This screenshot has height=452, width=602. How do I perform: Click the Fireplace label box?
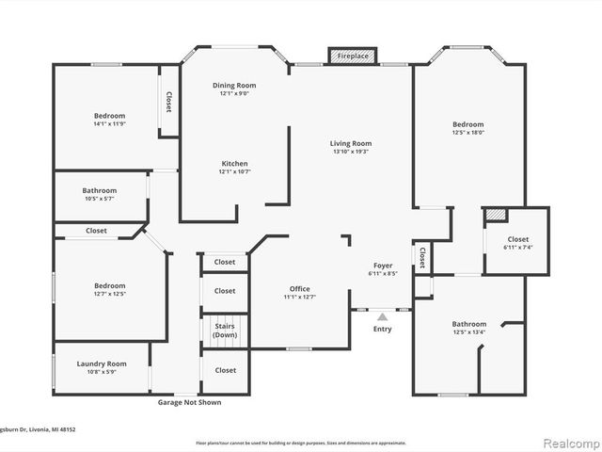pos(353,56)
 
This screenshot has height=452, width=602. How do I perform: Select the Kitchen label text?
pos(234,163)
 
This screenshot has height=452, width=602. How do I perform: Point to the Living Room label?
pos(350,143)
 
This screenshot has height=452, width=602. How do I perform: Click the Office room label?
pos(299,289)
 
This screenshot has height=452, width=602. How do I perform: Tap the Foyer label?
pos(382,266)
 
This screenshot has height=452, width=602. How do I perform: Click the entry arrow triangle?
pos(382,318)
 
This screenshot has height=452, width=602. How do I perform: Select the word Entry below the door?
pos(382,329)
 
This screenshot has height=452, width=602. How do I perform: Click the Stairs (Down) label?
pos(225,330)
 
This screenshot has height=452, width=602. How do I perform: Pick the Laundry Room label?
pos(103,363)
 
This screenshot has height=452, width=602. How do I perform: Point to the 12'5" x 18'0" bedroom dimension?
pos(467,133)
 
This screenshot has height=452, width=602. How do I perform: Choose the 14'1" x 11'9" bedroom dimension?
pos(109,124)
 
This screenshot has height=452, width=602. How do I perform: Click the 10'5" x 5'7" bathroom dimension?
pos(99,199)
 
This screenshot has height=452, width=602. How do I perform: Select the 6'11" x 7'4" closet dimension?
pos(518,248)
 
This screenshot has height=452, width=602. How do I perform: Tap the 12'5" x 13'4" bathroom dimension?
pos(468,331)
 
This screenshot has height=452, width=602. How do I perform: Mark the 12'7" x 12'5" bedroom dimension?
pos(109,294)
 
